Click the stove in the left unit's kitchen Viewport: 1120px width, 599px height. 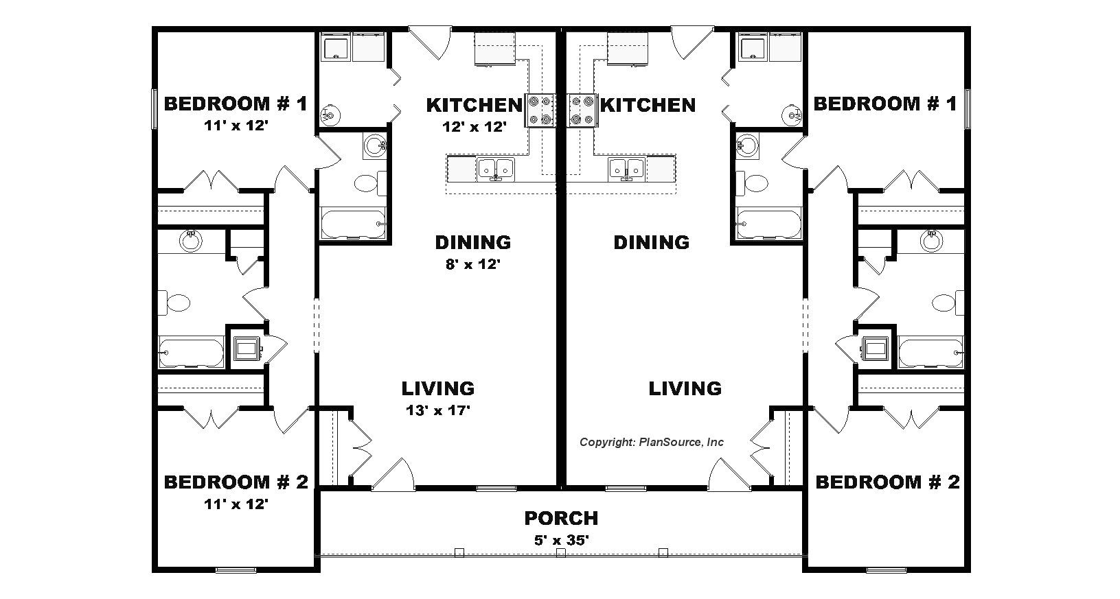(x=540, y=110)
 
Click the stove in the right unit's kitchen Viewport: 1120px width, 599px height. (x=582, y=110)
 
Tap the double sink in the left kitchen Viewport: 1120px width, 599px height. (x=496, y=169)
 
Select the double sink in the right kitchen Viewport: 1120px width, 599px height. (x=627, y=169)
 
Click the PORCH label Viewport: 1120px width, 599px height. (x=561, y=518)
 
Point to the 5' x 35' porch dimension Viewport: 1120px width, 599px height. (x=561, y=540)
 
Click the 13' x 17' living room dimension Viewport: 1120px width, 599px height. (x=438, y=411)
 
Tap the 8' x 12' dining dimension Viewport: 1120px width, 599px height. (x=473, y=263)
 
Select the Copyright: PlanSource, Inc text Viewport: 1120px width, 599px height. (x=652, y=442)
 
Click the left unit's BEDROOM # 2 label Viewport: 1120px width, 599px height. (x=236, y=482)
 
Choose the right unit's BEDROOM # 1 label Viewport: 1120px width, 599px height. (x=885, y=104)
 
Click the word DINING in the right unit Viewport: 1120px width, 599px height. (x=652, y=242)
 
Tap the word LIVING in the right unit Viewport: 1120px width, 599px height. (x=685, y=388)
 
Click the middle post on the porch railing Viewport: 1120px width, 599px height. (x=561, y=553)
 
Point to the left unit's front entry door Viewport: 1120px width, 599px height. (x=393, y=473)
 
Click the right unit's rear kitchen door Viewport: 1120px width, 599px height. (x=692, y=44)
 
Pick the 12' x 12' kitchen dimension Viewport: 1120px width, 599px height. (x=475, y=127)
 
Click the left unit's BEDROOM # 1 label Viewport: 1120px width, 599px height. (x=236, y=104)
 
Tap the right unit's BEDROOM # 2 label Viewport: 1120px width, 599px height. (x=887, y=482)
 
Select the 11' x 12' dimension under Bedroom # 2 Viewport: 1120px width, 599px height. (x=236, y=504)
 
